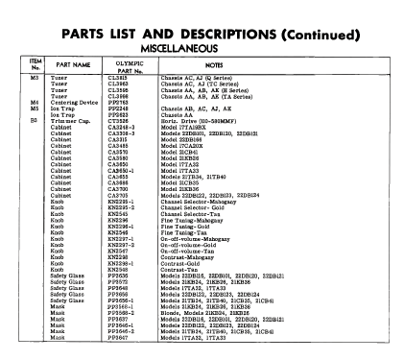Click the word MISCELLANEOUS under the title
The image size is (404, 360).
coord(202,45)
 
